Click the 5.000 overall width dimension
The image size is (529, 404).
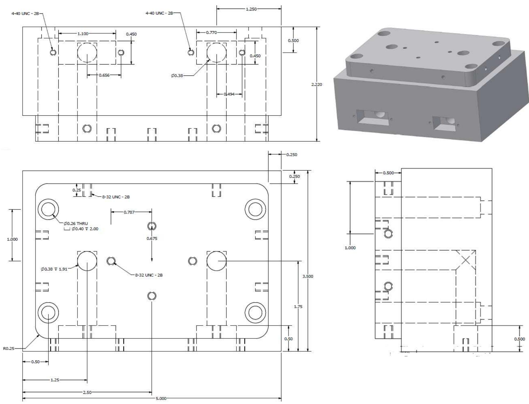pyautogui.click(x=161, y=398)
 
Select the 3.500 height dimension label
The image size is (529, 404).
pyautogui.click(x=308, y=276)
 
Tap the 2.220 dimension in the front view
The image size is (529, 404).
pyautogui.click(x=317, y=84)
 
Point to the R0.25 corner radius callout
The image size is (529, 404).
pyautogui.click(x=9, y=348)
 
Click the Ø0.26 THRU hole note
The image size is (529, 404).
pyautogui.click(x=76, y=223)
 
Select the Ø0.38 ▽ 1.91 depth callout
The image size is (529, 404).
pyautogui.click(x=54, y=269)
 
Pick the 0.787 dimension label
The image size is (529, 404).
pyautogui.click(x=129, y=212)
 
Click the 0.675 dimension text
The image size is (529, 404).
pyautogui.click(x=152, y=238)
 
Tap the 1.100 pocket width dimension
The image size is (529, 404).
pyautogui.click(x=83, y=34)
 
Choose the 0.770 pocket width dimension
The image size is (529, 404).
pyautogui.click(x=211, y=33)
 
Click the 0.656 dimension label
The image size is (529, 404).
pyautogui.click(x=104, y=75)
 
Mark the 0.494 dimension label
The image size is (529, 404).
pyautogui.click(x=229, y=94)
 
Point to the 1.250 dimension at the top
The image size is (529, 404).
pyautogui.click(x=251, y=9)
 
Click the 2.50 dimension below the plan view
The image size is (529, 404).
pyautogui.click(x=87, y=392)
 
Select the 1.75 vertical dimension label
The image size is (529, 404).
pyautogui.click(x=298, y=306)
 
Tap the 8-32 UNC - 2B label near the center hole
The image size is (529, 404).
pyautogui.click(x=149, y=275)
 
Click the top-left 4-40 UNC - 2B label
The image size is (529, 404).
pyautogui.click(x=25, y=13)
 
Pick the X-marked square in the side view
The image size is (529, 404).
pyautogui.click(x=466, y=260)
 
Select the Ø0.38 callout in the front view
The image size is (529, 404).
pyautogui.click(x=177, y=75)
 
